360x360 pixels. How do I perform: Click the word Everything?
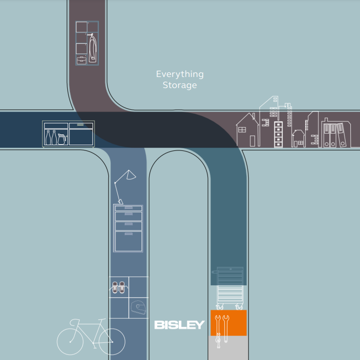coord(180,74)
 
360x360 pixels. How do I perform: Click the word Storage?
coord(180,85)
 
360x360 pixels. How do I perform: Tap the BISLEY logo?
coord(179,325)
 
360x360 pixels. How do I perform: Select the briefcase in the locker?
coord(81,60)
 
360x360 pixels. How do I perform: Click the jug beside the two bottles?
coord(61,139)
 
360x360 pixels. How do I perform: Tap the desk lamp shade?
coord(130,175)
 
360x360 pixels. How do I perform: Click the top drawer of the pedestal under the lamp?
coord(128,208)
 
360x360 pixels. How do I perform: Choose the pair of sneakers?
coord(119,287)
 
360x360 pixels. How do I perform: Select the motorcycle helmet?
coord(138,307)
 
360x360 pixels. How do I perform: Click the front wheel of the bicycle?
coord(111,342)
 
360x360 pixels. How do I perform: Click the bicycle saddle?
coord(73,321)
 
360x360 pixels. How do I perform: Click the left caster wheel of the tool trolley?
coord(219,306)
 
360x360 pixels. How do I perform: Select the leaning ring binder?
coord(341,135)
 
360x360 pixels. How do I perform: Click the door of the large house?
coord(252,141)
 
